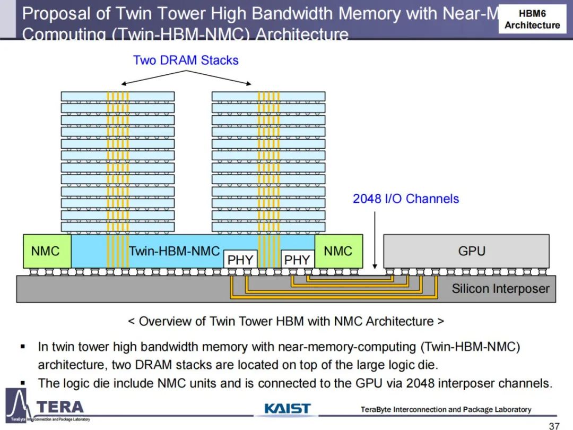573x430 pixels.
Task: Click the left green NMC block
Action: pyautogui.click(x=46, y=251)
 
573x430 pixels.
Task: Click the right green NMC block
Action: pyautogui.click(x=338, y=251)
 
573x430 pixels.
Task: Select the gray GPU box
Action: pyautogui.click(x=466, y=251)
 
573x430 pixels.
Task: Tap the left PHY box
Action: pyautogui.click(x=240, y=260)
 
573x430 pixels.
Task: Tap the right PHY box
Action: pyautogui.click(x=297, y=260)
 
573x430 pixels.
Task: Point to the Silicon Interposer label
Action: pyautogui.click(x=500, y=289)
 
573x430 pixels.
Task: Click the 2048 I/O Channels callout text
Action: pyautogui.click(x=406, y=199)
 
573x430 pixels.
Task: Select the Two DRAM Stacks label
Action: pyautogui.click(x=186, y=60)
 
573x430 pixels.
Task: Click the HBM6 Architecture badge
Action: pyautogui.click(x=532, y=19)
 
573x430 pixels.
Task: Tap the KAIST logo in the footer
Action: pyautogui.click(x=287, y=409)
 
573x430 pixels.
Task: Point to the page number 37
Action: pyautogui.click(x=554, y=425)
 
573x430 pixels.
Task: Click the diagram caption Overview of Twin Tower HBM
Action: pyautogui.click(x=286, y=321)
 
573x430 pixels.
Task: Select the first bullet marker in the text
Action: pyautogui.click(x=23, y=347)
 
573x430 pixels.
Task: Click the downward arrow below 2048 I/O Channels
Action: pyautogui.click(x=375, y=239)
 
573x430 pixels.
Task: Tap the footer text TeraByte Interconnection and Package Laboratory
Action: pyautogui.click(x=446, y=409)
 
